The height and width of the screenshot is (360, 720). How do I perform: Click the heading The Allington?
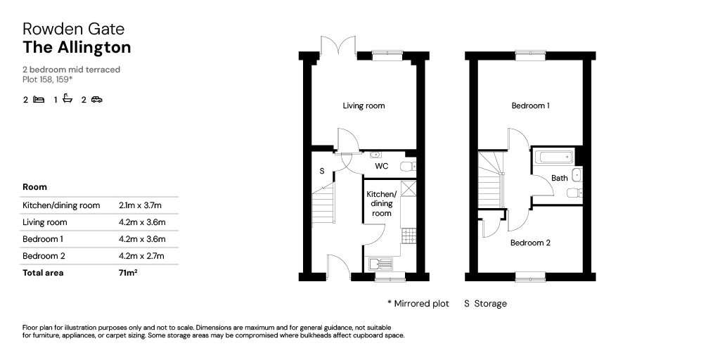(x=77, y=47)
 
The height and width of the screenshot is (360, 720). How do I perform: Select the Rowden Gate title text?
(x=73, y=29)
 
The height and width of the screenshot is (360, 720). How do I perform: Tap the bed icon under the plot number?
(x=39, y=99)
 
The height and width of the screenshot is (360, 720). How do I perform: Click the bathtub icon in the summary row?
(x=68, y=98)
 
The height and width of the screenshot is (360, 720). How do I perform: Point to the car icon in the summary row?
(x=96, y=99)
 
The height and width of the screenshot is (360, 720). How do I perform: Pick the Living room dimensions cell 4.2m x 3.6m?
(x=142, y=222)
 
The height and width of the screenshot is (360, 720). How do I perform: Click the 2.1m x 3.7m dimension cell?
(x=142, y=205)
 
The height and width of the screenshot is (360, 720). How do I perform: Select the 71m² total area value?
(x=128, y=272)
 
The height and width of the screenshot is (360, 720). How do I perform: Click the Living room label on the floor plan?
(x=364, y=105)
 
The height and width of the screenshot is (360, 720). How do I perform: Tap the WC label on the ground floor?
(x=382, y=166)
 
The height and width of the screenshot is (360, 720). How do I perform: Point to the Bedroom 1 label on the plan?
(x=531, y=105)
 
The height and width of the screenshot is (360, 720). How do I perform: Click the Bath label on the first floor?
(x=559, y=178)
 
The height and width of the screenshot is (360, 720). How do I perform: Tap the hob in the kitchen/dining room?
(x=409, y=236)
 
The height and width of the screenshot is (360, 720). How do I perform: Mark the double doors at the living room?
(x=339, y=48)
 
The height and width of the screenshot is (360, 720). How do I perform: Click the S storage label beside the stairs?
(x=322, y=172)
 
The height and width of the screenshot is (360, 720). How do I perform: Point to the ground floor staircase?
(x=323, y=205)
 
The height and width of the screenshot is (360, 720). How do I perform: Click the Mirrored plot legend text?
(x=418, y=304)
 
